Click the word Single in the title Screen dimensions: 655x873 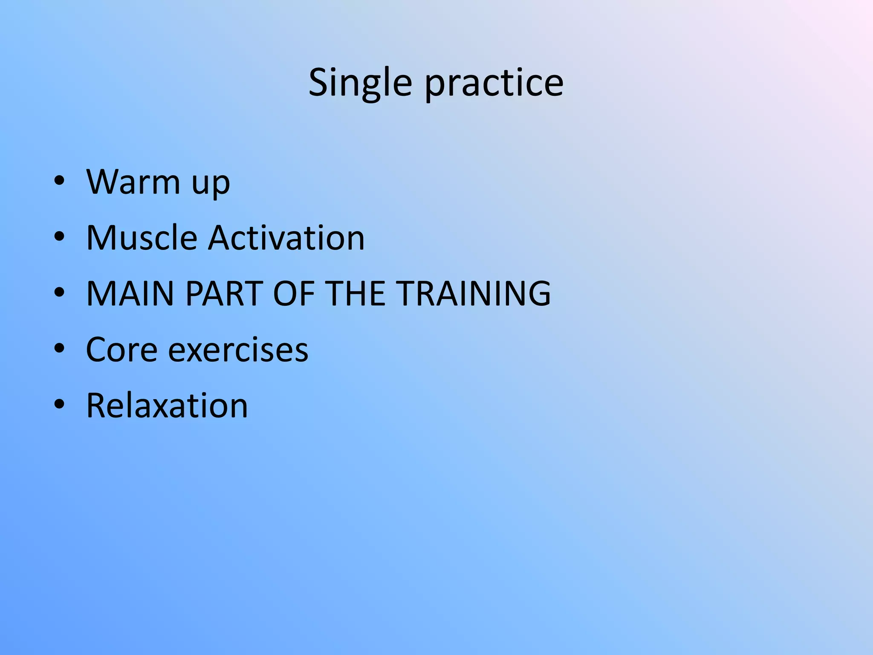coord(360,83)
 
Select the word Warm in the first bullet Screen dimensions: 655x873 coord(133,182)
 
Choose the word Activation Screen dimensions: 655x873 coord(286,238)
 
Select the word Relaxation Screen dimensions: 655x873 coord(167,406)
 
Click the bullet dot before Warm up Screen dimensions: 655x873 coord(59,181)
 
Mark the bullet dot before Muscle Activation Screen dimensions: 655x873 coord(59,237)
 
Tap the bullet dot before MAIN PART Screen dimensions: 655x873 coord(59,293)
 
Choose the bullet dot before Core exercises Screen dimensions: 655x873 coord(59,349)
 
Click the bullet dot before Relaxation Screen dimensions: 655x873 coord(59,405)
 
